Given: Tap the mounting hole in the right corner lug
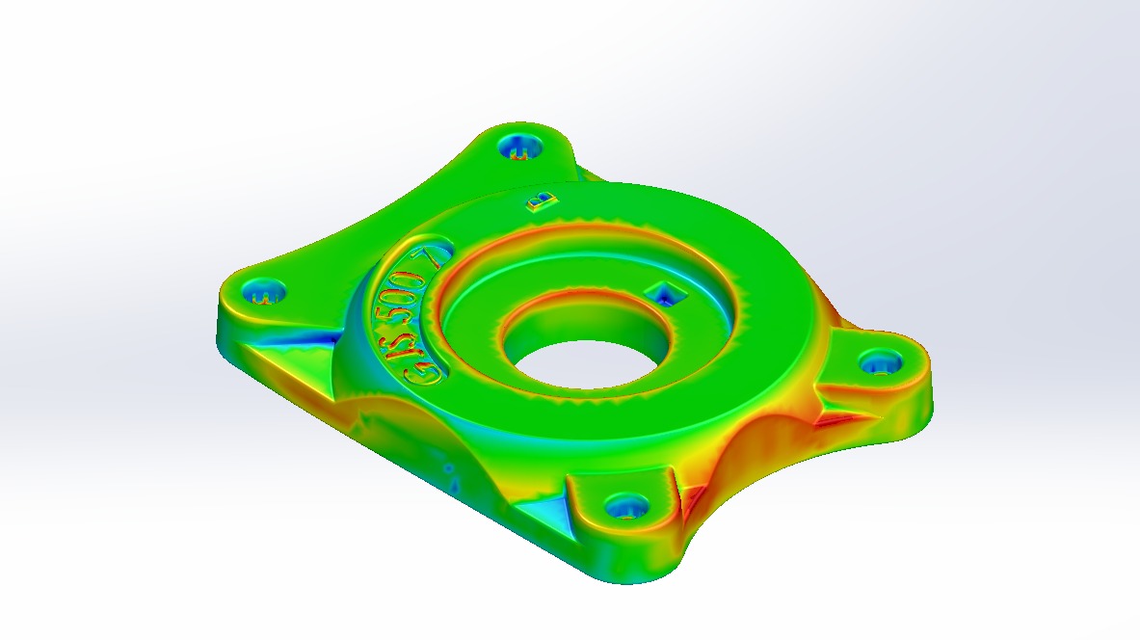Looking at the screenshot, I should click(x=880, y=363).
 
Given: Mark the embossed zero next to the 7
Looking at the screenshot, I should click(x=405, y=272).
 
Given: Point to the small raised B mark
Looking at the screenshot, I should click(x=541, y=200).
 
